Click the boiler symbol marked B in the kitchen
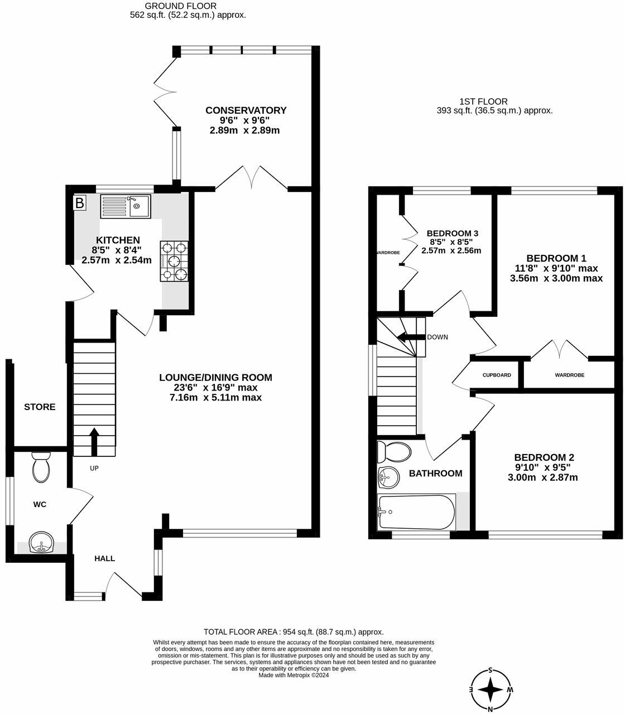tap(80, 203)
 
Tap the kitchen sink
tap(126, 206)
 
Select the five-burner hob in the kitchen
tap(174, 261)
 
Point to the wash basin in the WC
tap(41, 542)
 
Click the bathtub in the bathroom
tap(416, 512)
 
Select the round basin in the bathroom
tap(388, 477)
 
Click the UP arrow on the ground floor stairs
tap(94, 442)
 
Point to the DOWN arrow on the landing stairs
tap(411, 337)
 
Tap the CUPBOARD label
tap(497, 375)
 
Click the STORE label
tap(40, 407)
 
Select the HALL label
tap(105, 559)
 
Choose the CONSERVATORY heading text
tap(246, 110)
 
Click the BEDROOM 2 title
tap(544, 457)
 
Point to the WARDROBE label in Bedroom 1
tap(570, 375)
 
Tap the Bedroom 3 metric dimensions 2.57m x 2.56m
tap(451, 250)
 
